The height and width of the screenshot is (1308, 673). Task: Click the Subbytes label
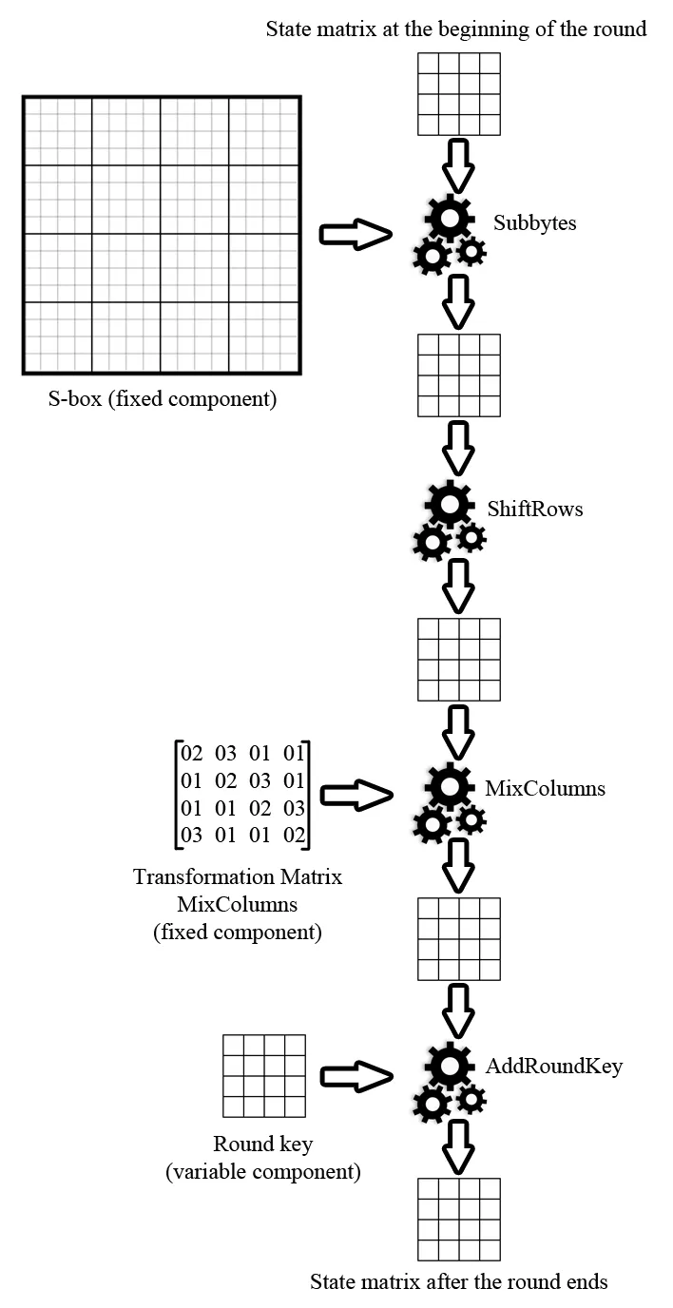(534, 223)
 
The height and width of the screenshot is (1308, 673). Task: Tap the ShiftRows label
(534, 510)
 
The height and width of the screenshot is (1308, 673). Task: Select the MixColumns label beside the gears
(545, 789)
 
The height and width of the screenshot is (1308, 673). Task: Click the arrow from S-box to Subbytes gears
(356, 235)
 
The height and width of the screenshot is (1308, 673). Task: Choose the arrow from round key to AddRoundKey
(356, 1075)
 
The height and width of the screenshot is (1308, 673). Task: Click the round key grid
(263, 1076)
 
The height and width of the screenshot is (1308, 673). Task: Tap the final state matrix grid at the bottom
(459, 1220)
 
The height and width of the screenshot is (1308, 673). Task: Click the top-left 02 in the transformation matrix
(192, 755)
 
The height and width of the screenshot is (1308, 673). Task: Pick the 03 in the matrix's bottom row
(192, 837)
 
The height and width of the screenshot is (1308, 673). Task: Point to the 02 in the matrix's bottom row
(295, 837)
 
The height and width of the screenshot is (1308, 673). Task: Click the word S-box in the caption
(72, 399)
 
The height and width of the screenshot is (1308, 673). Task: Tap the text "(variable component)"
(263, 1172)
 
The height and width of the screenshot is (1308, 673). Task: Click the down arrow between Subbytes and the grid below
(459, 300)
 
